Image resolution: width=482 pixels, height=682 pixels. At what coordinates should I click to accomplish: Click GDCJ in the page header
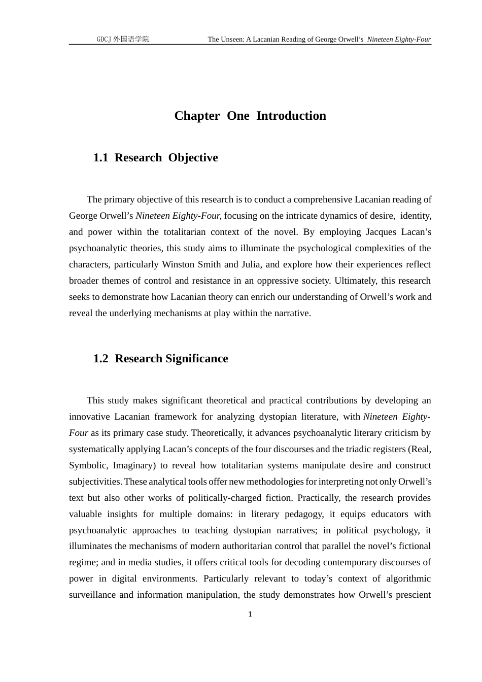click(x=104, y=39)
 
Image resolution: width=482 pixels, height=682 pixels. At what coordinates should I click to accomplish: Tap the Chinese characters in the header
click(x=131, y=39)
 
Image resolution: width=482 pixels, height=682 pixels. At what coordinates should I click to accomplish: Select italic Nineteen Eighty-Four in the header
click(x=399, y=39)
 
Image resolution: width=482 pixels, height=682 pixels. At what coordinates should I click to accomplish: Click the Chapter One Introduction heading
click(x=250, y=116)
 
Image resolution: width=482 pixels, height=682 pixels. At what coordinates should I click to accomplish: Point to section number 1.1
click(x=100, y=158)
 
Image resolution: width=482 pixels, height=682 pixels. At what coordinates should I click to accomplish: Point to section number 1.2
click(x=100, y=359)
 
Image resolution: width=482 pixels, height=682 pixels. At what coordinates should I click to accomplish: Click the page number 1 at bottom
click(x=250, y=615)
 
